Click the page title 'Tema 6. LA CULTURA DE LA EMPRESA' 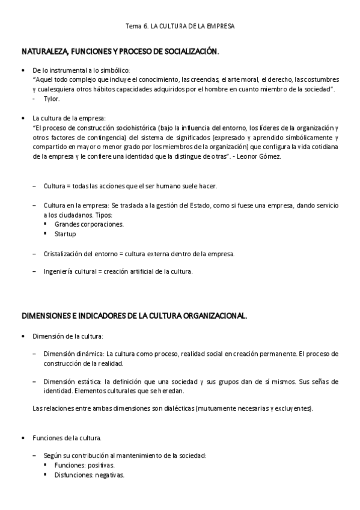[180, 26]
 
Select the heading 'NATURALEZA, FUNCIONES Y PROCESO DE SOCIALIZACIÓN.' [120, 52]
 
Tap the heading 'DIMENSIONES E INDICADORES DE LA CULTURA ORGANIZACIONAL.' [134, 315]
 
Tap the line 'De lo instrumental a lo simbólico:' [81, 70]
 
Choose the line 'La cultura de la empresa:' [69, 118]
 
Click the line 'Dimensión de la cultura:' [68, 335]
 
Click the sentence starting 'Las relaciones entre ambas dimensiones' [172, 408]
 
